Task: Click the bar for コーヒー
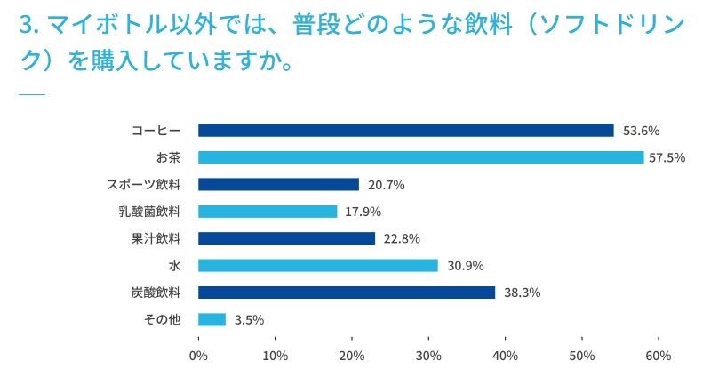[405, 131]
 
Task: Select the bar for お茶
[420, 157]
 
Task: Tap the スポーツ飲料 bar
[278, 185]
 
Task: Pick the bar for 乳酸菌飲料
[268, 212]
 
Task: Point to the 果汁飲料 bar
[286, 238]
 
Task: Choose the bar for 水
[317, 265]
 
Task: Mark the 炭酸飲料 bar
[346, 292]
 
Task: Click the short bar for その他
[212, 319]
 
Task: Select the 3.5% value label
[249, 319]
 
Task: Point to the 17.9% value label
[361, 212]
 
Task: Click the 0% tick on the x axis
[198, 356]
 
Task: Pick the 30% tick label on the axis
[428, 356]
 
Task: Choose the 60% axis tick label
[659, 356]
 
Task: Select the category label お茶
[168, 157]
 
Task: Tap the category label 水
[174, 265]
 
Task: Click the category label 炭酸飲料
[156, 292]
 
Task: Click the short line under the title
[31, 93]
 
